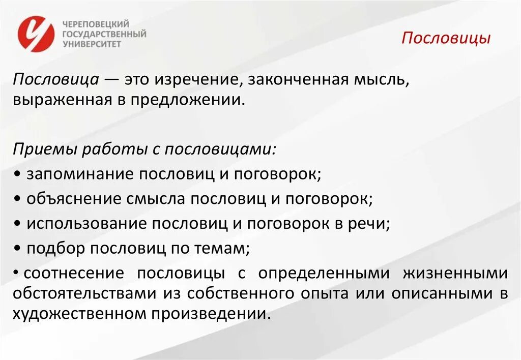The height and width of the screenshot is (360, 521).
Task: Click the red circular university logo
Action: [x=35, y=34]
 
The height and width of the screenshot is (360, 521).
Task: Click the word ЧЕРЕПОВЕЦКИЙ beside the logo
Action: [x=96, y=24]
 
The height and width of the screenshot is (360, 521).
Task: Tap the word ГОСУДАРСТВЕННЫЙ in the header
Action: [x=104, y=34]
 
